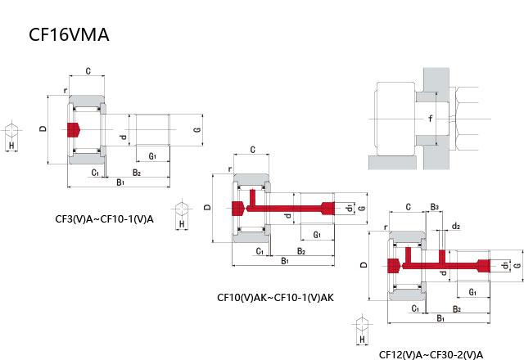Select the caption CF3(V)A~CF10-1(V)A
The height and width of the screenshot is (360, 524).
[104, 218]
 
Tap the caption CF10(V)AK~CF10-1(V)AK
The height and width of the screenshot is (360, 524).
[275, 297]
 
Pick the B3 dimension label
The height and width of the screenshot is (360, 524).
[436, 206]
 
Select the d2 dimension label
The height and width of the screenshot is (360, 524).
[456, 226]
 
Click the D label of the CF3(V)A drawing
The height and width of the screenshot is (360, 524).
[42, 130]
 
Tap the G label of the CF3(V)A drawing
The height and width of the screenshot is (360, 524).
[197, 130]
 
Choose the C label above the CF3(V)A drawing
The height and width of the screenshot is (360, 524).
[88, 72]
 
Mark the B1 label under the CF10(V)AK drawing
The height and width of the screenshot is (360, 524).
[284, 261]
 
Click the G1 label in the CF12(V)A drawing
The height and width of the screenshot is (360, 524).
[472, 291]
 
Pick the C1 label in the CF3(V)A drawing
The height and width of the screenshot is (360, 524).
[96, 173]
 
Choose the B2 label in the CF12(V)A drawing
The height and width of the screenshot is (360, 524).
[456, 308]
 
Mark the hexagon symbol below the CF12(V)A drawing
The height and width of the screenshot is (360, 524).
[361, 323]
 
